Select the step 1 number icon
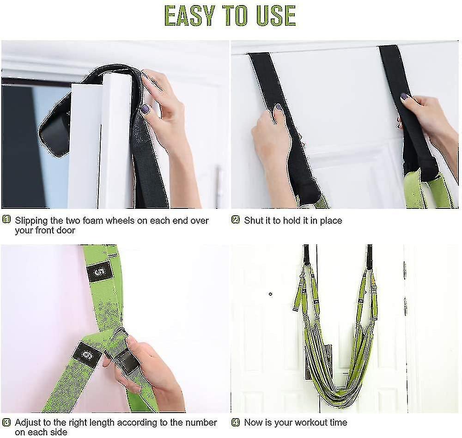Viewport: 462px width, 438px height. (x=6, y=220)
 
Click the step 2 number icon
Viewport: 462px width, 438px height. (x=236, y=220)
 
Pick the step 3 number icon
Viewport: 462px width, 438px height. (x=6, y=422)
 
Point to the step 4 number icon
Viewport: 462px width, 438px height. (x=236, y=422)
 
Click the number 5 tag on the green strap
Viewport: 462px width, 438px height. (x=99, y=271)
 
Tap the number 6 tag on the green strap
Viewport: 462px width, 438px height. (x=86, y=355)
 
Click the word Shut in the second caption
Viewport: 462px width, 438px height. (x=253, y=221)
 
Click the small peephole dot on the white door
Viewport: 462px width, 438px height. (x=270, y=294)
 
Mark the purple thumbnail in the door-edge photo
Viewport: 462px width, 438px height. (x=145, y=109)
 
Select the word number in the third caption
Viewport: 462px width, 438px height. (x=202, y=422)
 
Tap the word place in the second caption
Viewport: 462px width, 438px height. (x=331, y=221)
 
